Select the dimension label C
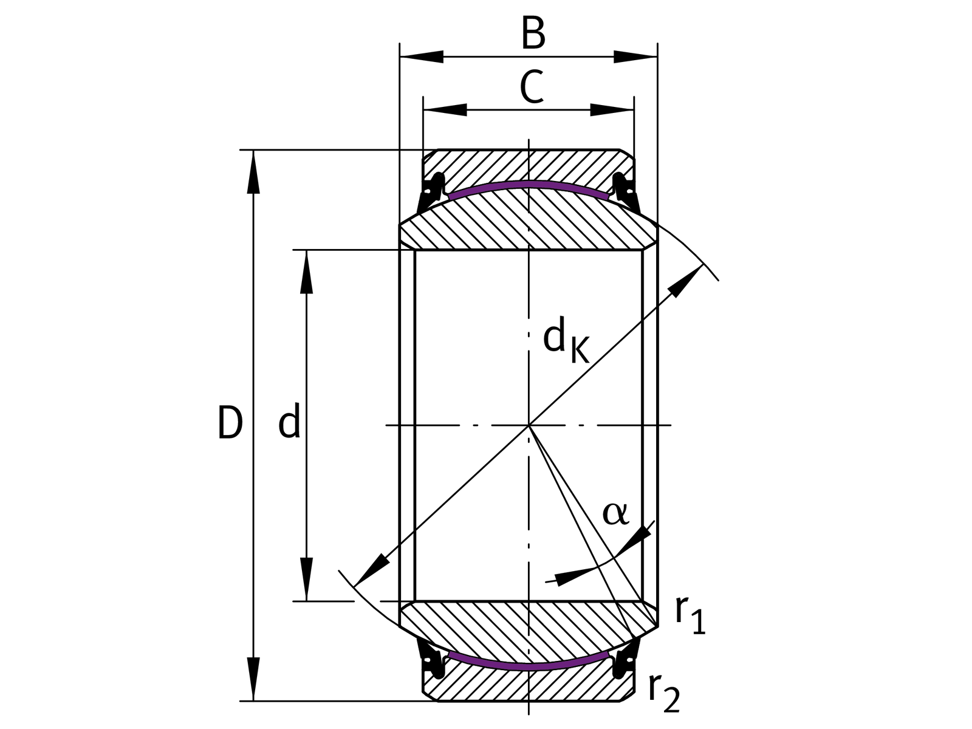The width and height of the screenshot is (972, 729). [532, 87]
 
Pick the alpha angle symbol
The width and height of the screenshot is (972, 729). [615, 513]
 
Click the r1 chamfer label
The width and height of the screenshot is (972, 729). [690, 615]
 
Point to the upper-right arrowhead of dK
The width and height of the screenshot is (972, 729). [686, 281]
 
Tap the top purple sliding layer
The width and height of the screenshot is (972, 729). [529, 184]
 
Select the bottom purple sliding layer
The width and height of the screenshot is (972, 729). [529, 666]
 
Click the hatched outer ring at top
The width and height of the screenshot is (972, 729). [529, 164]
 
